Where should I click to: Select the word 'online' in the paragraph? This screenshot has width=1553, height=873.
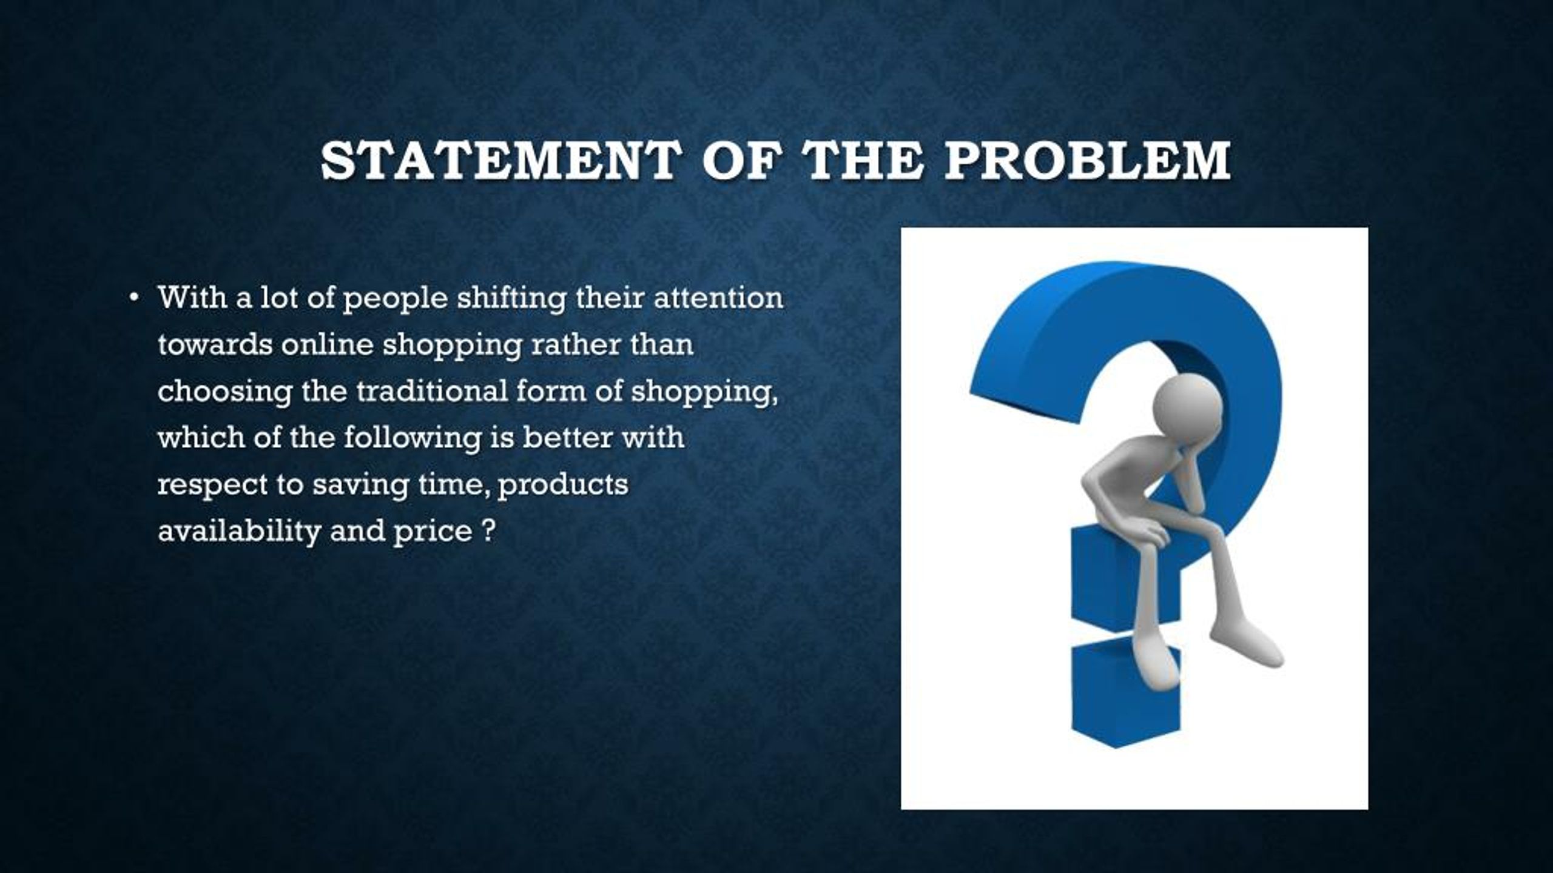click(327, 345)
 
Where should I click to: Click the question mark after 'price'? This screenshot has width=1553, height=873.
click(490, 531)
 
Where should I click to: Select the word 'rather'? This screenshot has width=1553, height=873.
click(567, 345)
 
